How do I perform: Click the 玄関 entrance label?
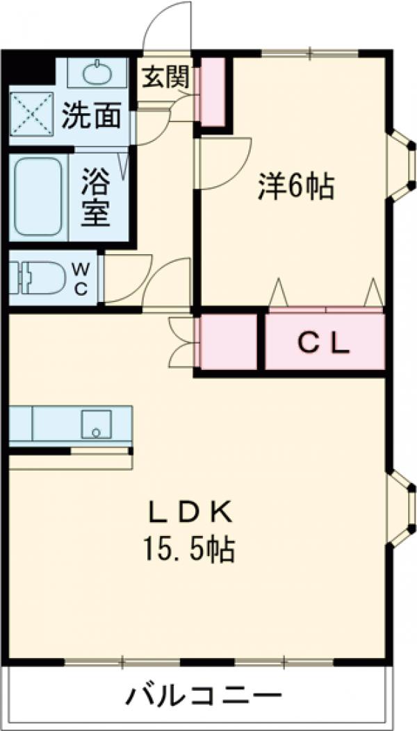165,76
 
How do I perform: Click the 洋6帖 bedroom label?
297,186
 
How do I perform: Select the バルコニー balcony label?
204,695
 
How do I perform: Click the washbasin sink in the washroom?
96,72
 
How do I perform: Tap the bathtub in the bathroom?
39,197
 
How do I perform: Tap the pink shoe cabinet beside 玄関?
213,92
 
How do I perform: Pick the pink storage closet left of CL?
229,342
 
